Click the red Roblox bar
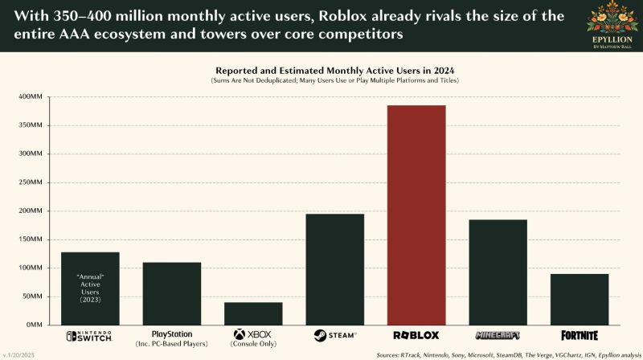pyautogui.click(x=416, y=215)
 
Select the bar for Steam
pyautogui.click(x=334, y=269)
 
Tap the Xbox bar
pyautogui.click(x=253, y=313)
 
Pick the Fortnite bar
pyautogui.click(x=580, y=299)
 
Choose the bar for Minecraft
pyautogui.click(x=498, y=272)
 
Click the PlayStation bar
pyautogui.click(x=172, y=293)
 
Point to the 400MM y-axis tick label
pyautogui.click(x=31, y=96)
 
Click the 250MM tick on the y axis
pyautogui.click(x=31, y=182)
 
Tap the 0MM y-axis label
pyautogui.click(x=35, y=325)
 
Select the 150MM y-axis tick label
pyautogui.click(x=31, y=239)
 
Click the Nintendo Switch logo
pyautogui.click(x=89, y=336)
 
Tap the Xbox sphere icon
pyautogui.click(x=239, y=334)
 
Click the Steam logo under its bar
pyautogui.click(x=335, y=335)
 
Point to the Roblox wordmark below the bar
pyautogui.click(x=416, y=335)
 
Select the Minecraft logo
pyautogui.click(x=498, y=335)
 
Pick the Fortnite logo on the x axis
pyautogui.click(x=580, y=335)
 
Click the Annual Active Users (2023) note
pyautogui.click(x=90, y=288)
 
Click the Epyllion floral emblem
pyautogui.click(x=612, y=18)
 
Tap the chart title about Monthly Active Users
pyautogui.click(x=334, y=71)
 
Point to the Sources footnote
pyautogui.click(x=509, y=355)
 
